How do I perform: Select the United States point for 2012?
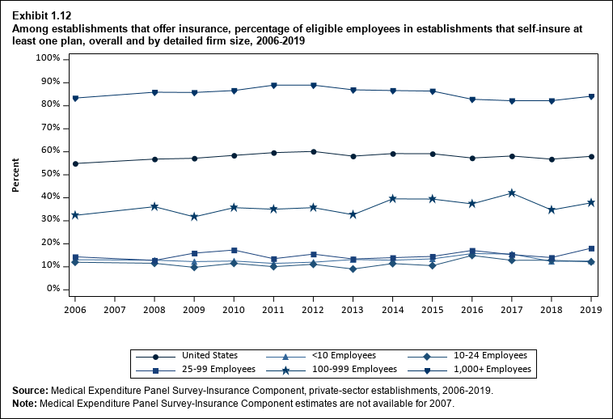coord(313,151)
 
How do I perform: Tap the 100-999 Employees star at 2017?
coord(511,193)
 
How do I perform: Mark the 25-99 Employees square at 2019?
coord(591,248)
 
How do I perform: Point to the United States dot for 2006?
coord(75,163)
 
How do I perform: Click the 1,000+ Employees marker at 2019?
coord(591,96)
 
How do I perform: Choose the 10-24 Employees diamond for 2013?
coord(353,269)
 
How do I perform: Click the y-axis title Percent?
coord(15,176)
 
